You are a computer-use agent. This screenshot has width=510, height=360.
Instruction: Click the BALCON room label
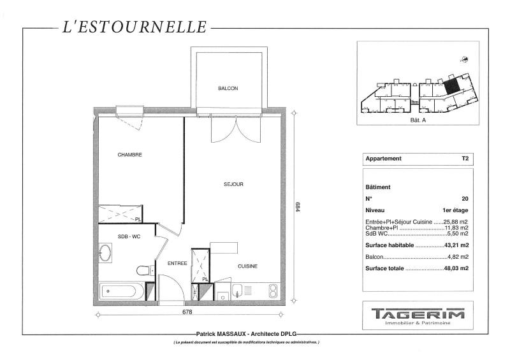coord(228,88)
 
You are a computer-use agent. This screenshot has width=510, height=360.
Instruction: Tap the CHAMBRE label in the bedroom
coord(129,155)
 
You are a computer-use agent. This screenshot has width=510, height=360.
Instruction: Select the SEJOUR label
coord(233,184)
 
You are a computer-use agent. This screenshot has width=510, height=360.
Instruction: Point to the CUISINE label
coord(247,266)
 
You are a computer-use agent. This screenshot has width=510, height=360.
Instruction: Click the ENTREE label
coord(177,263)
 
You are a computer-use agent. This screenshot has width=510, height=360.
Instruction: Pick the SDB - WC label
coord(129,236)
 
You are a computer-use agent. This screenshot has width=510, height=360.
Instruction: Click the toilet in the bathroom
coord(145,270)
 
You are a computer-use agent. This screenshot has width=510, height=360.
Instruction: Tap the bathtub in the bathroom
coord(121,291)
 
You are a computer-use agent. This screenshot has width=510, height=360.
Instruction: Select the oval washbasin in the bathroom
coord(105,252)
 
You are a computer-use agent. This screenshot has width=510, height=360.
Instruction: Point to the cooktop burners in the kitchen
coord(273,291)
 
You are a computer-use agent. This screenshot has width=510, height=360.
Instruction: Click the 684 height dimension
coord(298,207)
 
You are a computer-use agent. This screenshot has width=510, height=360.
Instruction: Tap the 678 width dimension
coord(187,312)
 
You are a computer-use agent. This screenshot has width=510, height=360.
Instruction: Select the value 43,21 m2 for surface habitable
coord(456,245)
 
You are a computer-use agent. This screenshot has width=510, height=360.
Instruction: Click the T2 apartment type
coord(465,159)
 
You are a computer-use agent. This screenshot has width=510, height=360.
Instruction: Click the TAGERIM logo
coord(418,314)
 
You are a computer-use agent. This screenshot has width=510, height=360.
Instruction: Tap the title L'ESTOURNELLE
coord(135,27)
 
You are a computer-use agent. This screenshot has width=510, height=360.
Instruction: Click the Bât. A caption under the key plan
coord(418,120)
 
